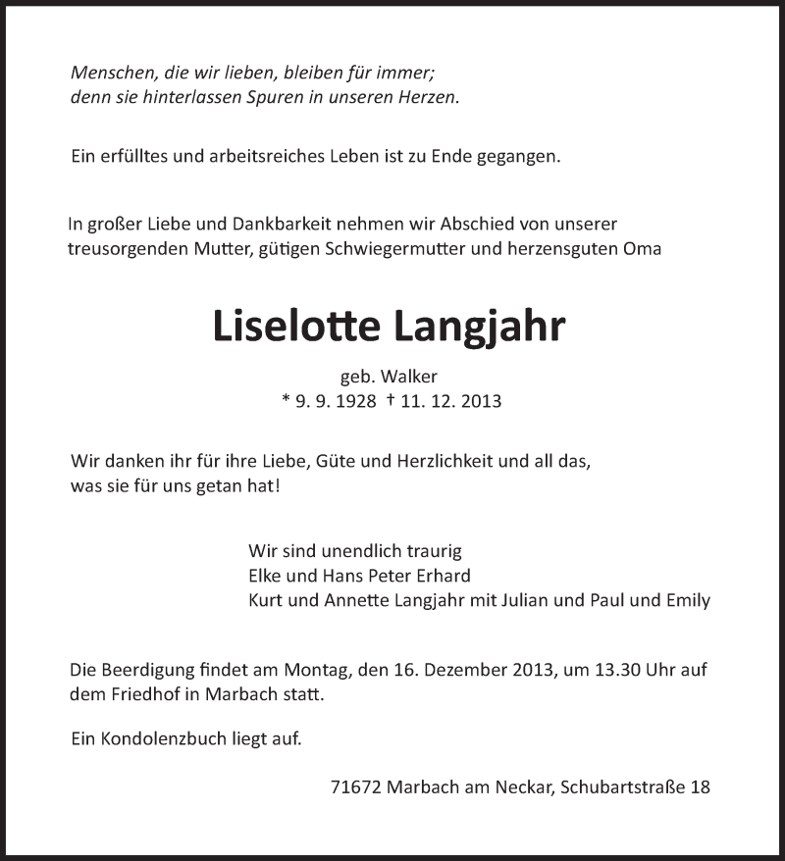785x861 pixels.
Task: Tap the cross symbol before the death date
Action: (391, 400)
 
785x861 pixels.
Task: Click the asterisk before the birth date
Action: (285, 400)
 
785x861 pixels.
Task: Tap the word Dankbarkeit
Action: (278, 224)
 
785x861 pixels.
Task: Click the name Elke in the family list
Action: (267, 576)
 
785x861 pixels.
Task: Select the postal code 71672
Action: (358, 786)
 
